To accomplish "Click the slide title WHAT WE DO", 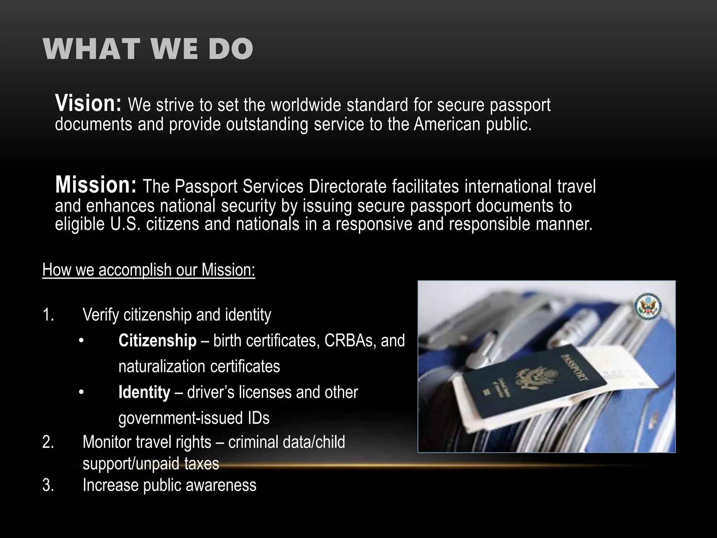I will click(x=148, y=49).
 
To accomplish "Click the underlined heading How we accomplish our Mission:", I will click(x=149, y=270).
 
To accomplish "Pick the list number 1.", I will click(x=48, y=315).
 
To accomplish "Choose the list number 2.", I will click(x=48, y=442).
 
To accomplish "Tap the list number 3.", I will click(x=48, y=485).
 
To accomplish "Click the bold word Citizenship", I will click(x=158, y=340).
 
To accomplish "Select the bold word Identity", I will click(x=144, y=392).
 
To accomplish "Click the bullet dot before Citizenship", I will click(x=81, y=341).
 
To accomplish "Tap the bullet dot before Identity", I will click(x=81, y=393).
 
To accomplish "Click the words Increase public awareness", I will click(x=169, y=485).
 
